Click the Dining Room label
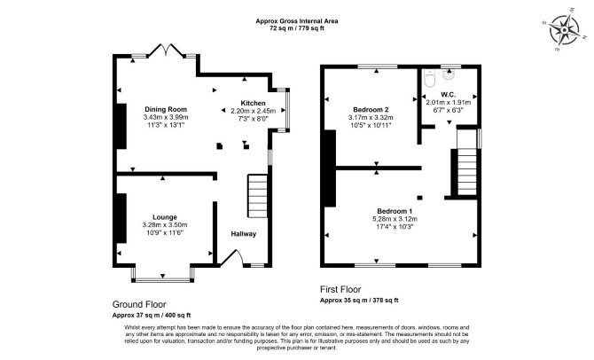click(166, 110)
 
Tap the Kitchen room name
click(253, 103)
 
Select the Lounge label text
click(165, 217)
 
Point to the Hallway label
click(244, 234)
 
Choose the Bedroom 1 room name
click(395, 211)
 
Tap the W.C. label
click(448, 95)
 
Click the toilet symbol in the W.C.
click(430, 78)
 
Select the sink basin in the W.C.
click(449, 74)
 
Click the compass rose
click(565, 29)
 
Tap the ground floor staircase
click(258, 196)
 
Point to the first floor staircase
click(466, 162)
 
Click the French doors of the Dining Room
click(165, 50)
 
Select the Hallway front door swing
click(232, 258)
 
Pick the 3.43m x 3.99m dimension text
click(166, 117)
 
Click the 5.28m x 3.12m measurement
click(395, 219)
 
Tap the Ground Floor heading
click(139, 304)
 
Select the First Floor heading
click(340, 290)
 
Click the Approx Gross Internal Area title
click(297, 21)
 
